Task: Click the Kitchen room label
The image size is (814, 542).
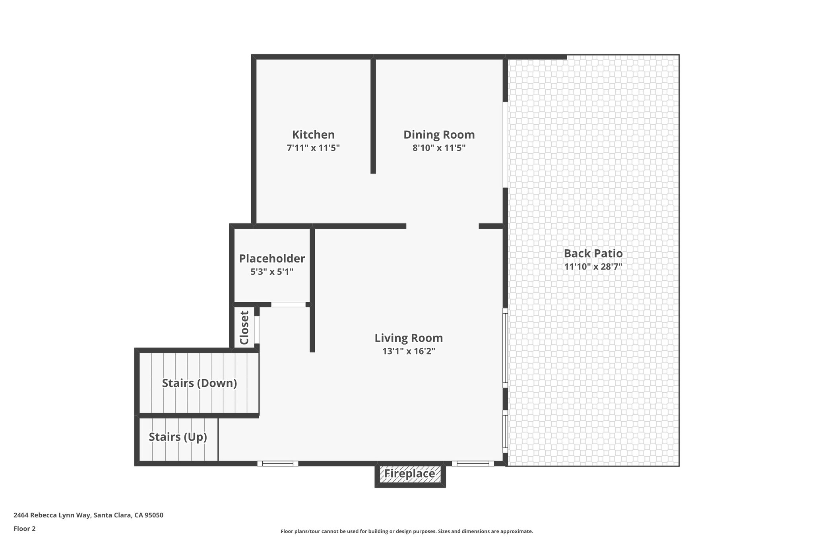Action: click(313, 135)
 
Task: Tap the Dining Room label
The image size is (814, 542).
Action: click(439, 135)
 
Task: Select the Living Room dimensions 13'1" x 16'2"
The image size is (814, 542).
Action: click(409, 351)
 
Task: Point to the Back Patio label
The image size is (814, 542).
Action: click(593, 253)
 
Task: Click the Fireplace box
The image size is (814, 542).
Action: click(410, 474)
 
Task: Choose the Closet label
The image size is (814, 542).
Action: click(244, 328)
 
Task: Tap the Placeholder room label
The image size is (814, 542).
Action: click(272, 258)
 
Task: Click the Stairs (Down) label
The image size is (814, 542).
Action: click(199, 383)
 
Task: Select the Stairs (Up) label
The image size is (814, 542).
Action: click(178, 437)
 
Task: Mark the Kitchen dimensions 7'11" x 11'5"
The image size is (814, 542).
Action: click(313, 148)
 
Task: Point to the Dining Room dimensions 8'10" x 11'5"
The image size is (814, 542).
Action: click(439, 148)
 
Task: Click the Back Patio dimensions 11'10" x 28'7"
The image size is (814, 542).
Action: click(593, 266)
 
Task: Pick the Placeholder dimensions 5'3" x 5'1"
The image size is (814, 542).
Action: click(272, 272)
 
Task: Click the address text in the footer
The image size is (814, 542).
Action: click(88, 515)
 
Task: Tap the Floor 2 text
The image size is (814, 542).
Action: click(25, 528)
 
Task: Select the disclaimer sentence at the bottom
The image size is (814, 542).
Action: click(407, 531)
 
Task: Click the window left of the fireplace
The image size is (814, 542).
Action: click(277, 463)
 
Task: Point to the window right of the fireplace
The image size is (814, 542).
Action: click(473, 463)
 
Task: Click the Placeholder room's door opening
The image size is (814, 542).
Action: click(288, 305)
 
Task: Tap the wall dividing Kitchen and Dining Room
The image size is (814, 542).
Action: click(373, 115)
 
